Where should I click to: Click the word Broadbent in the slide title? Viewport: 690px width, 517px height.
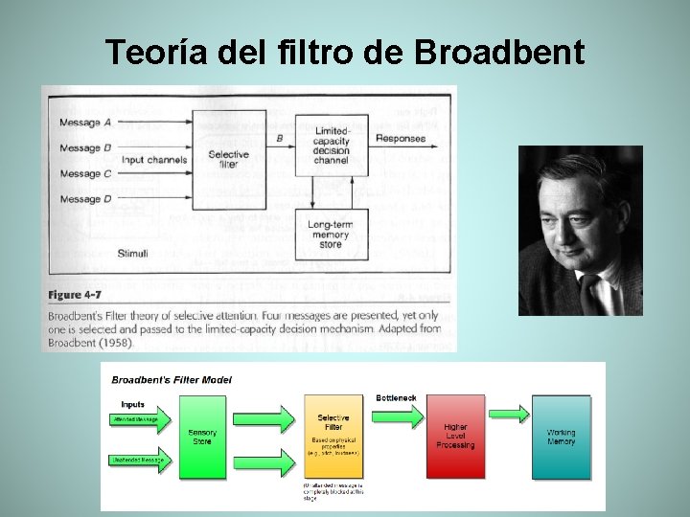tap(499, 52)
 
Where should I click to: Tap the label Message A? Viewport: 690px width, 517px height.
tap(85, 123)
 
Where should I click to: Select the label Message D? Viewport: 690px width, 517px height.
tap(85, 199)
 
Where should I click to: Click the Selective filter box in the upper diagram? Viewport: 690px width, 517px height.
tap(228, 159)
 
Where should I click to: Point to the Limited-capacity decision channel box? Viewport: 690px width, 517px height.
tap(332, 146)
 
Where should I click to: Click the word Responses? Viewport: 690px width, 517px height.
tap(401, 139)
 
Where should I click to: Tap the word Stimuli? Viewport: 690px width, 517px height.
tap(133, 252)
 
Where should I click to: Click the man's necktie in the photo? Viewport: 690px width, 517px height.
tap(591, 292)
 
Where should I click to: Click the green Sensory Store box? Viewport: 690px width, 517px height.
tap(202, 438)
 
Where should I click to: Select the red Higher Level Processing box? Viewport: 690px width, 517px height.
tap(455, 437)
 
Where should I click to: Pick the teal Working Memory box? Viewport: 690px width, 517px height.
tap(561, 437)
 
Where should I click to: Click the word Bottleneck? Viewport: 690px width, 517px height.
tap(395, 396)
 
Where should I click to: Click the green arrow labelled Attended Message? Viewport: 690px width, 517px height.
tap(142, 419)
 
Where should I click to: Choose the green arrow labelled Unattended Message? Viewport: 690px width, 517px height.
tap(142, 461)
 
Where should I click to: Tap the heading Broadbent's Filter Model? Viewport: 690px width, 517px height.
tap(172, 379)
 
